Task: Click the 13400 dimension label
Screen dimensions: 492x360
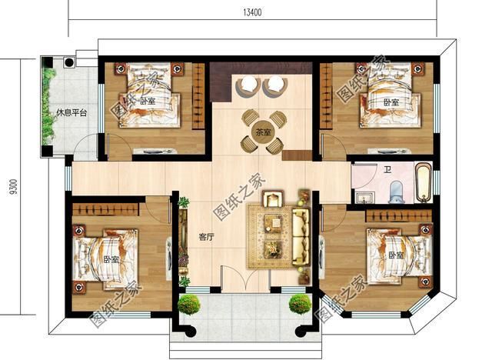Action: click(252, 12)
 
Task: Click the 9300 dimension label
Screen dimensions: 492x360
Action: click(14, 187)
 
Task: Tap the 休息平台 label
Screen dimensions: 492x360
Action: click(71, 112)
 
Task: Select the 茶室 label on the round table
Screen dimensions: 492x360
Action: click(263, 133)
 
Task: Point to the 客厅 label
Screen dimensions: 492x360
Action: click(207, 237)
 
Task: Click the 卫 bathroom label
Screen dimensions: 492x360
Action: click(387, 170)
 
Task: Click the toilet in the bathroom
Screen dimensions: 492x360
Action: click(397, 192)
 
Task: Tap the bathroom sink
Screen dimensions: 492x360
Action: click(364, 198)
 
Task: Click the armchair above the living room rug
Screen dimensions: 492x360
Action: click(274, 199)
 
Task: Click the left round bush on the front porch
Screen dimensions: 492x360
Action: click(189, 304)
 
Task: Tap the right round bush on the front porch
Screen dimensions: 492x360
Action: click(300, 304)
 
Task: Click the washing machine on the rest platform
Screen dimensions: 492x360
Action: click(68, 62)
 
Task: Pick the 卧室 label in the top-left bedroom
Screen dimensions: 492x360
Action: click(148, 101)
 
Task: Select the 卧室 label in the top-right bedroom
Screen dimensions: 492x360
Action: click(391, 102)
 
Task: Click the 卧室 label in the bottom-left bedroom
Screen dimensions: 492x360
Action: click(111, 259)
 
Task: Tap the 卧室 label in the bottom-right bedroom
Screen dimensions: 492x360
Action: click(396, 255)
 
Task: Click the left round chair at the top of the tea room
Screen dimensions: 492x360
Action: click(248, 85)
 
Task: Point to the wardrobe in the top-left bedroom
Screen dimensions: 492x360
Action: click(198, 95)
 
